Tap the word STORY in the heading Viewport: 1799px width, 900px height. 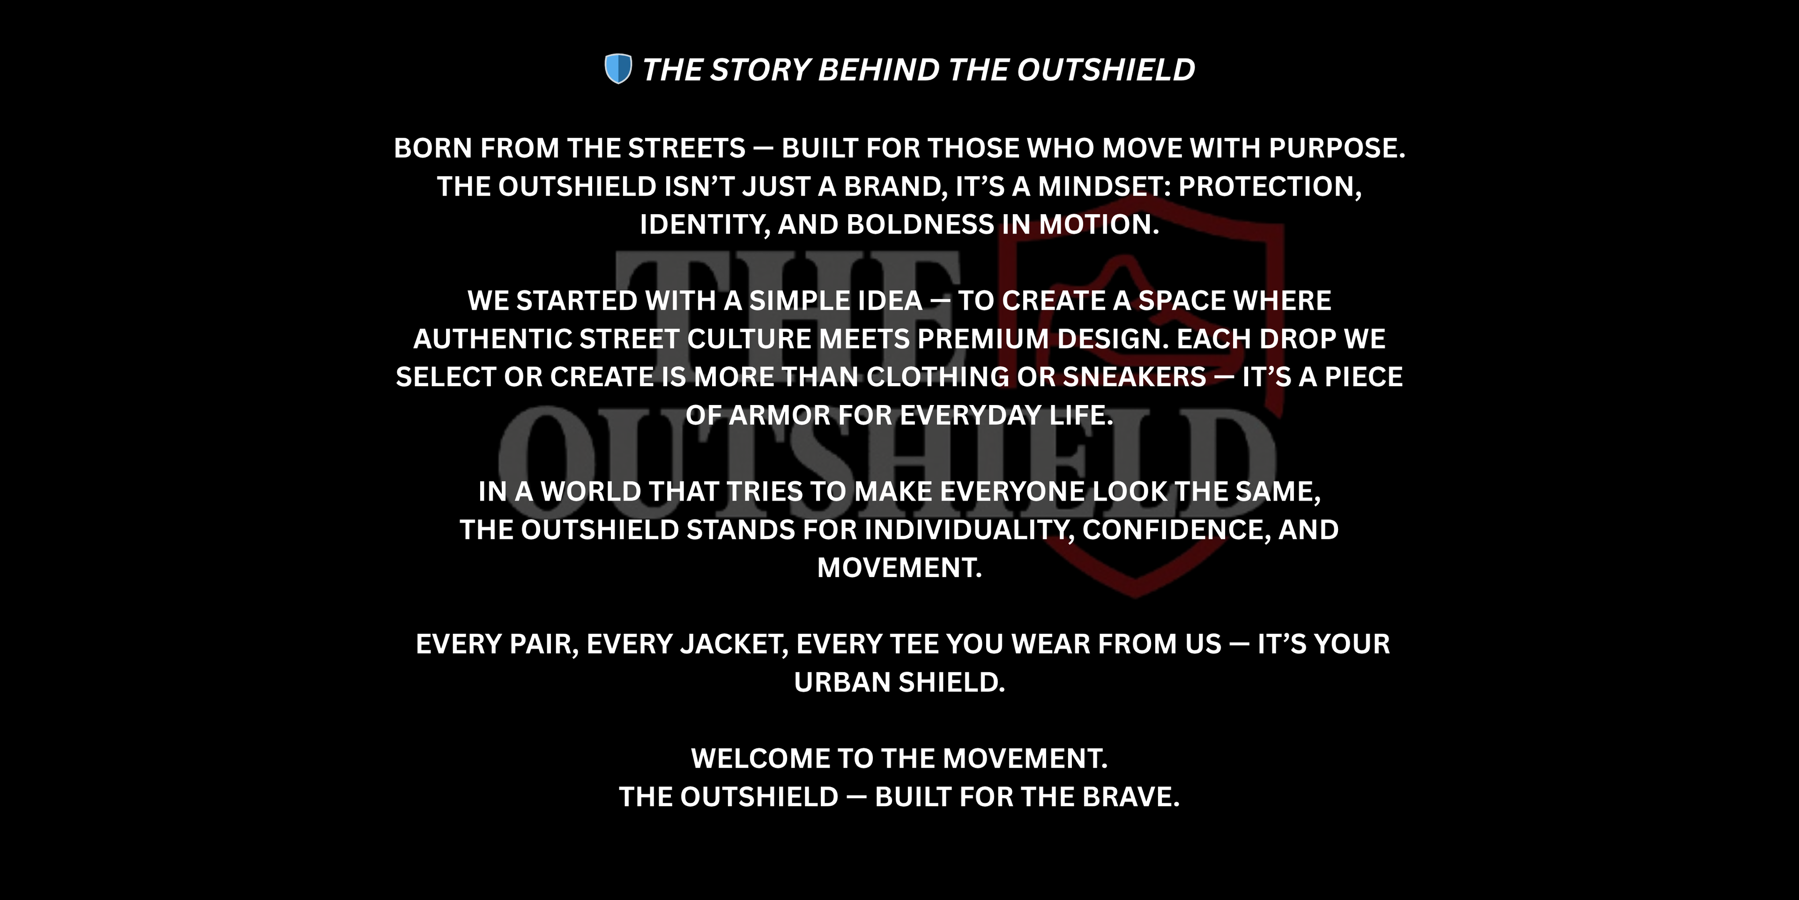[759, 70]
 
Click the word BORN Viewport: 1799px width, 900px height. [433, 148]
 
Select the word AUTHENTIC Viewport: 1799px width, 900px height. [493, 339]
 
